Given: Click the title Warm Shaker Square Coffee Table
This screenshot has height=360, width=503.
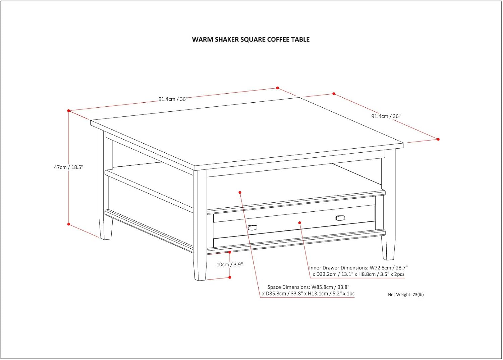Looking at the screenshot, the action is click(250, 40).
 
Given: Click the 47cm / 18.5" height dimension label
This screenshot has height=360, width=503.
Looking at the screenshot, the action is click(69, 167).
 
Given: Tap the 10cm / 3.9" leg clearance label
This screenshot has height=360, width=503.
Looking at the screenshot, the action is click(230, 264).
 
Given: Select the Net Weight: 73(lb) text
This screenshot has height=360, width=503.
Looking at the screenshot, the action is click(406, 294).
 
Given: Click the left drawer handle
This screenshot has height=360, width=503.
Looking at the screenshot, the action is click(253, 227).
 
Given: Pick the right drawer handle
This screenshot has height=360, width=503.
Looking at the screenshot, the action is click(340, 218).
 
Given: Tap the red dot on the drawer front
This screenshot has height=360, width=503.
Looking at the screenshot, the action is click(299, 223).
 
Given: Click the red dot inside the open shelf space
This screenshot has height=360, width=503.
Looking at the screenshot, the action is click(240, 192).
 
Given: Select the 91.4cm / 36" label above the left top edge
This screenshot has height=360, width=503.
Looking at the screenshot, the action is click(173, 99).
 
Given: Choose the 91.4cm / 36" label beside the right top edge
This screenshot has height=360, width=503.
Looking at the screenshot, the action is click(386, 116).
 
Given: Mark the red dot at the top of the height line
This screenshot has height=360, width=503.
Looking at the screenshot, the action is click(69, 111).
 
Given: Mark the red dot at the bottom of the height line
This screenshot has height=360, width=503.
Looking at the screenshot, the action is click(69, 224).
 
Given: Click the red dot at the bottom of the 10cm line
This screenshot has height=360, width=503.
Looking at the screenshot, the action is click(230, 277).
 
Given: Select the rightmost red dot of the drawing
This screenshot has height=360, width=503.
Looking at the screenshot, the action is click(438, 139).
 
